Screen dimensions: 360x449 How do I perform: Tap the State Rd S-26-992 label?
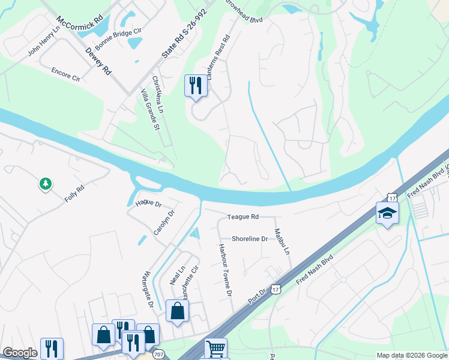click(185, 34)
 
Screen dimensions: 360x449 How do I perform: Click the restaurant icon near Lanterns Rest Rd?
click(195, 86)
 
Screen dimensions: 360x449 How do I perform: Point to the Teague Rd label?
click(243, 217)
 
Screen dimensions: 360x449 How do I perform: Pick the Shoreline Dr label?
click(250, 239)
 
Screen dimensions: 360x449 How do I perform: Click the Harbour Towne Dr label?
click(224, 270)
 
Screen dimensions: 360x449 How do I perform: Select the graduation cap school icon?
click(387, 212)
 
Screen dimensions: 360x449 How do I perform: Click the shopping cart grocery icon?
click(215, 348)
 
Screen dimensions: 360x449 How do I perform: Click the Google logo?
click(20, 353)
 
